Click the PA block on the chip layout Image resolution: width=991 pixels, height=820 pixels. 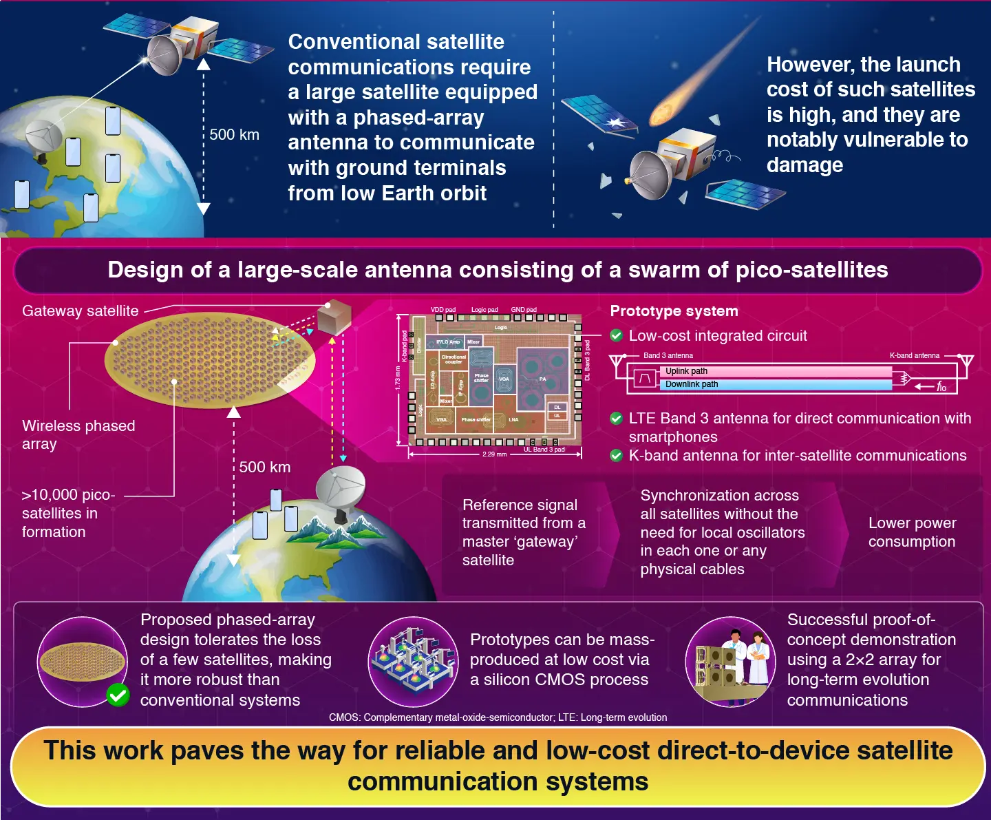(x=542, y=379)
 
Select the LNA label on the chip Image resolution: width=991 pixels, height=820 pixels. (x=513, y=419)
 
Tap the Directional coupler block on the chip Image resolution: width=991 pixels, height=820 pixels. (x=454, y=359)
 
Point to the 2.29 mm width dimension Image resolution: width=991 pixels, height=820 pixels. (x=494, y=454)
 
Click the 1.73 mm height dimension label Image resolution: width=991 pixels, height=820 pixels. (x=398, y=379)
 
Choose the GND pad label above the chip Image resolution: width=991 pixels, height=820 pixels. (x=524, y=310)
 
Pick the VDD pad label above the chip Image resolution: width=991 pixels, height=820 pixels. (x=443, y=310)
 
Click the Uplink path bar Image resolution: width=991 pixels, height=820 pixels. (x=778, y=371)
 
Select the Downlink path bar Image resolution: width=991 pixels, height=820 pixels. (x=778, y=384)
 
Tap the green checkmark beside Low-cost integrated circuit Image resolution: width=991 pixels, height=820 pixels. (x=617, y=336)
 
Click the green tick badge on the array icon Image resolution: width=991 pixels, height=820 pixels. (x=118, y=695)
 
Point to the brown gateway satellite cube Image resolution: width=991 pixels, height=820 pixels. (x=334, y=317)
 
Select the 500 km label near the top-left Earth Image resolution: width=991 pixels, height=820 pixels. (x=234, y=135)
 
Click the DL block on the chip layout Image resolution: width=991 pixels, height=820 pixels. (x=557, y=407)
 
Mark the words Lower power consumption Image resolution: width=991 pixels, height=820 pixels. (x=912, y=532)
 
